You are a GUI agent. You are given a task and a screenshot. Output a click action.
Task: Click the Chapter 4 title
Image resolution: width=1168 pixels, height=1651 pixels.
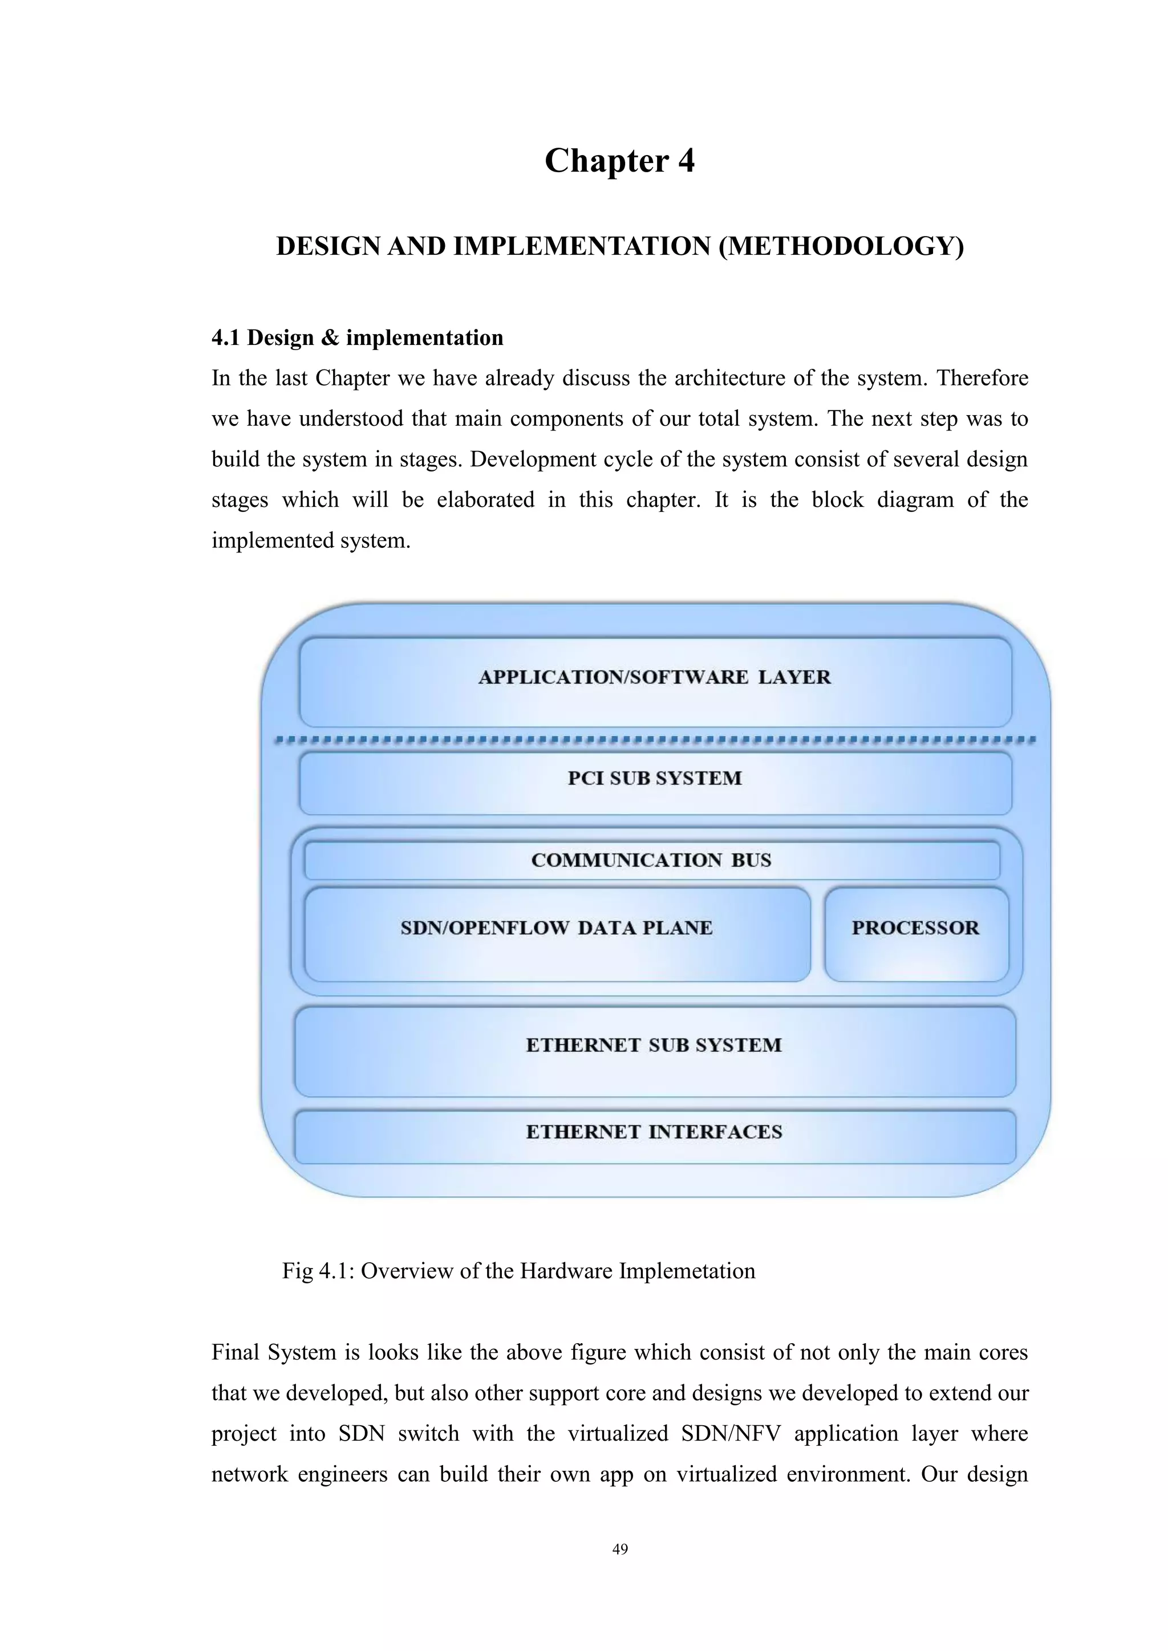[x=619, y=160]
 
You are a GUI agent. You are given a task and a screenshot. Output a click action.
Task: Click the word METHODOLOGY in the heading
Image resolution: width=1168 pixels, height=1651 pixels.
[x=841, y=247]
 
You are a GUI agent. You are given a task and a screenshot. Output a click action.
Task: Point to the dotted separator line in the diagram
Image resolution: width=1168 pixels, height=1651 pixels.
[x=655, y=740]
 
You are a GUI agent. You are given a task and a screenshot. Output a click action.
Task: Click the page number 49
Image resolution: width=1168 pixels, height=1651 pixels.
[x=619, y=1550]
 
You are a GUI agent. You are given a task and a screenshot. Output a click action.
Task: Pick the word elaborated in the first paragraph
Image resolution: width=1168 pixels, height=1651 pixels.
[x=485, y=501]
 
